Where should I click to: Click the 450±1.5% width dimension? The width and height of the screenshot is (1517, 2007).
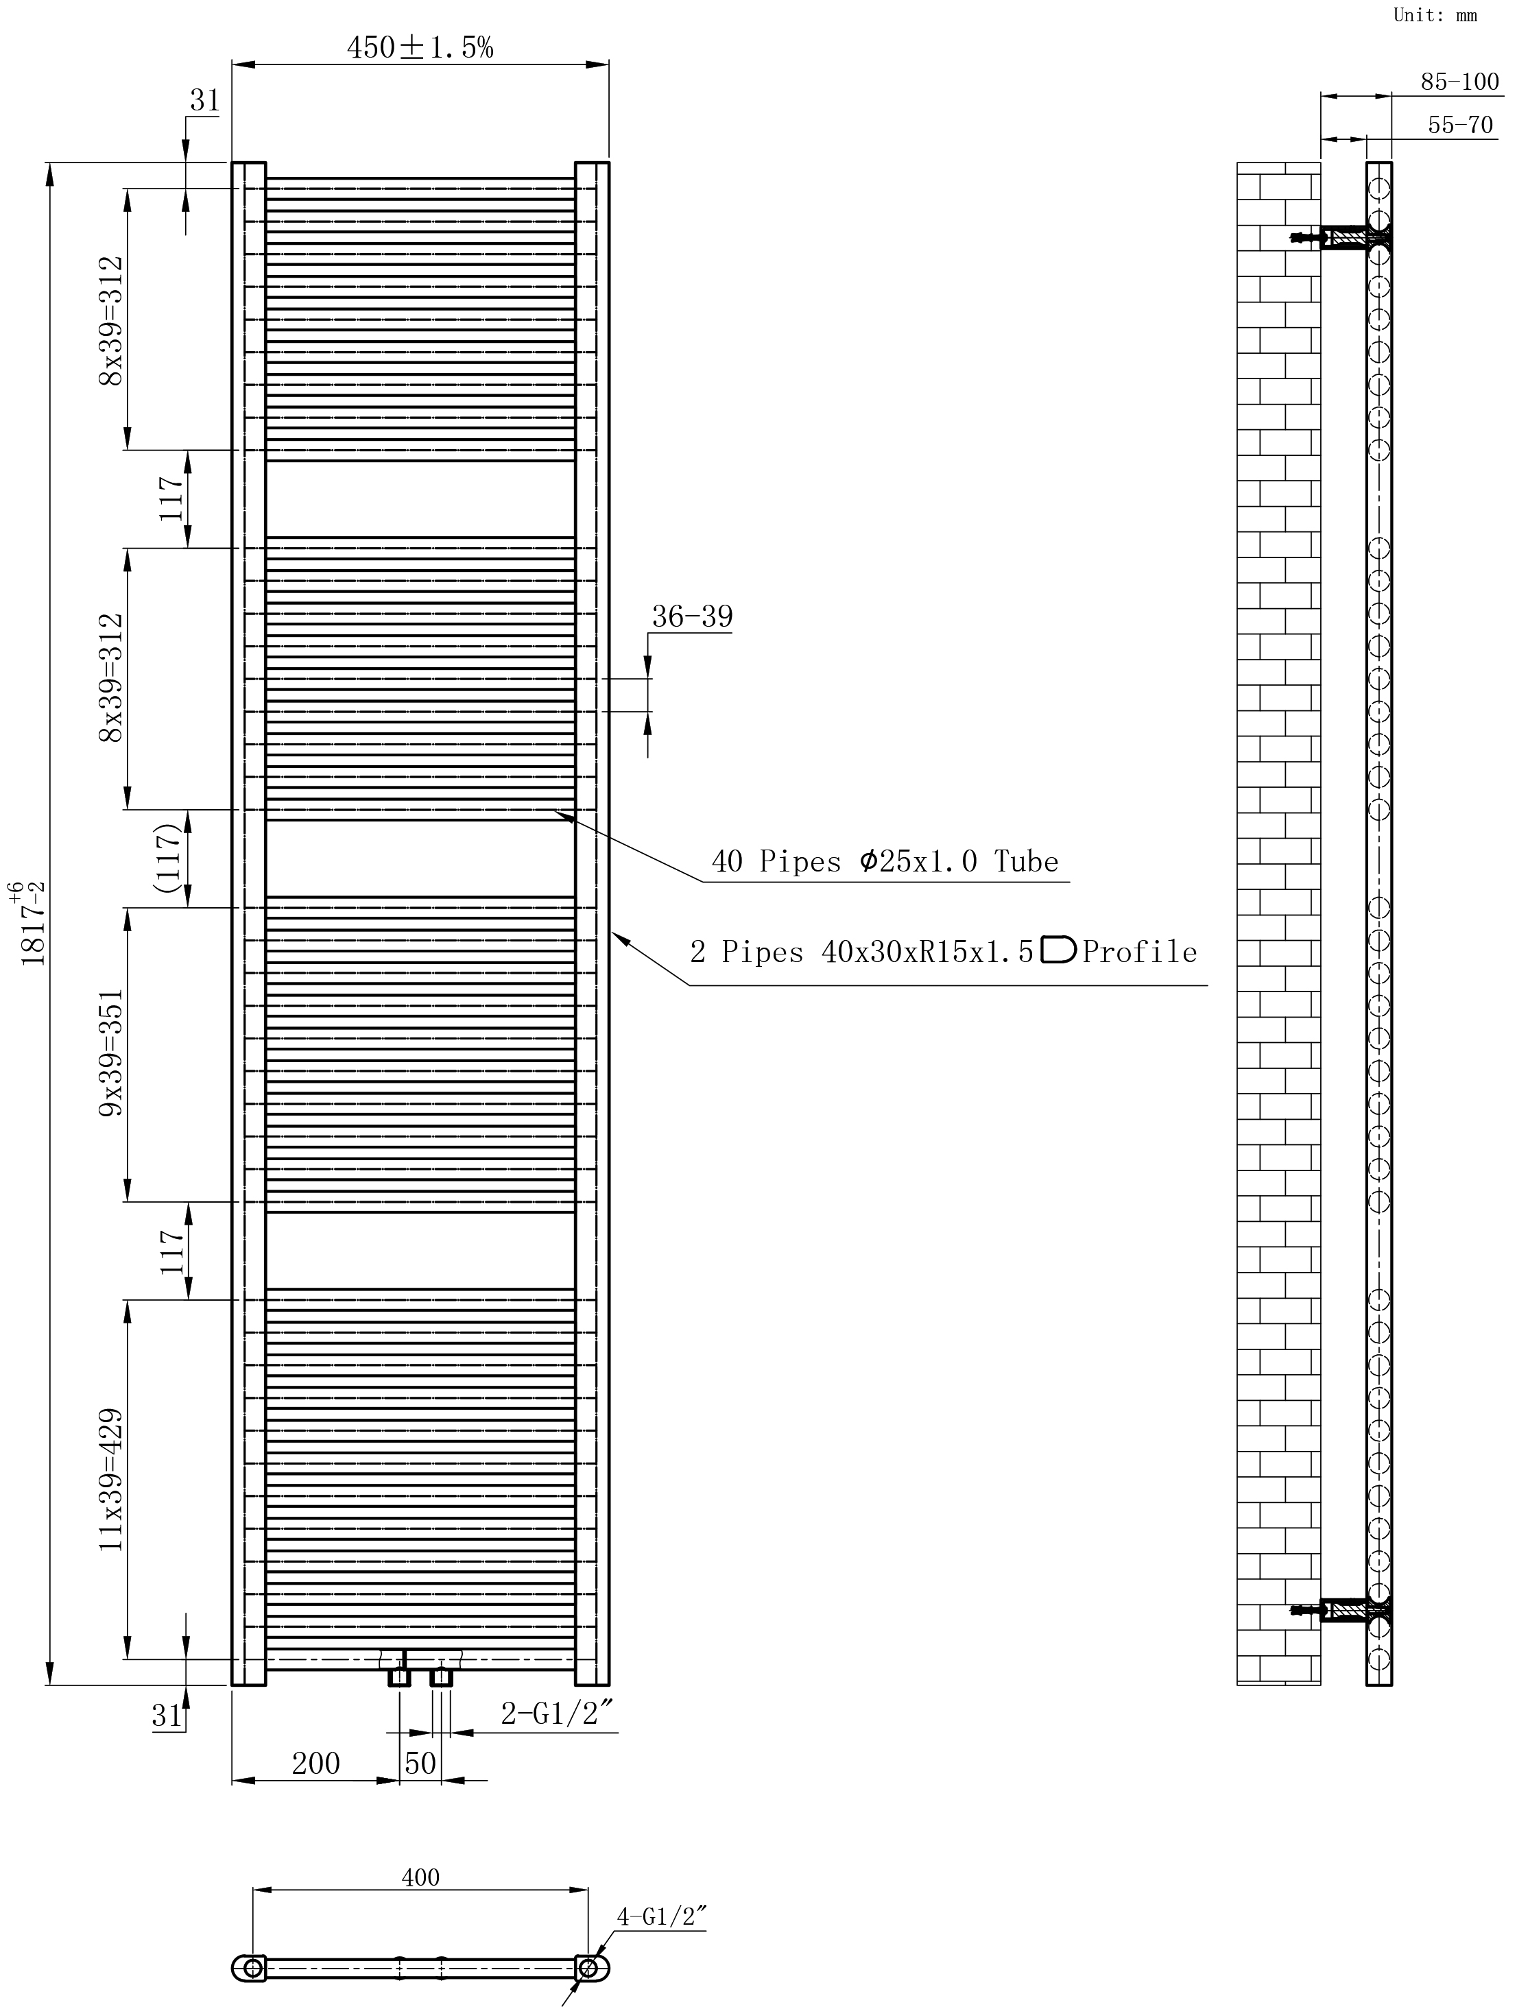(x=420, y=47)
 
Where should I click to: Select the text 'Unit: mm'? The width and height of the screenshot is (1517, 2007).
(x=1435, y=14)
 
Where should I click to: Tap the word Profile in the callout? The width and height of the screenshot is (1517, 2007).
(x=1140, y=951)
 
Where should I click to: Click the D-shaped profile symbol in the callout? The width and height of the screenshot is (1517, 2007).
(x=1058, y=949)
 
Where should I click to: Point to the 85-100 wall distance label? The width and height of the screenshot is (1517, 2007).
(x=1460, y=82)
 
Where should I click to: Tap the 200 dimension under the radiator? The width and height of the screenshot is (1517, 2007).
(x=315, y=1763)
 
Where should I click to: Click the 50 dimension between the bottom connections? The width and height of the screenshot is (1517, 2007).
(x=420, y=1763)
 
